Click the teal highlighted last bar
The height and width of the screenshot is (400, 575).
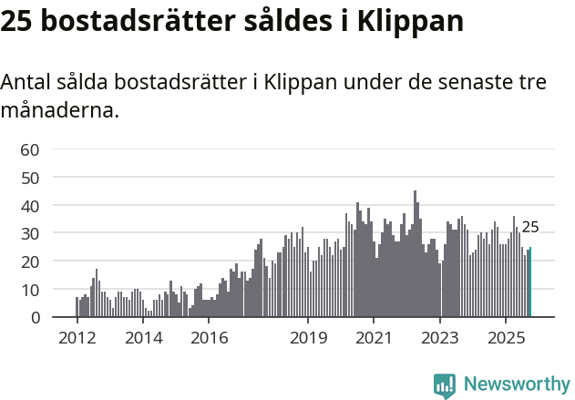coord(530,282)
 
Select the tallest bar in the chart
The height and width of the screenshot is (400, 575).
coord(415,254)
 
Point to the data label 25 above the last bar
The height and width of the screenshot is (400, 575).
coord(530,228)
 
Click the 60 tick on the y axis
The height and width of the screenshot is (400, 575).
coord(30,149)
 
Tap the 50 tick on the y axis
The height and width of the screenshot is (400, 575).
coord(30,178)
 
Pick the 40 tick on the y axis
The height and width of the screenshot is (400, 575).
coord(30,206)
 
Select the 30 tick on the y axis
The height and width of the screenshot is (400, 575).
coord(30,234)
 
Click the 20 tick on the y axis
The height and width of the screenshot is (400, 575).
coord(30,262)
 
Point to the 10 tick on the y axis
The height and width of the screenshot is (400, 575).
coord(30,290)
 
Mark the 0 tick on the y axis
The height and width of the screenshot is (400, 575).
coord(35,318)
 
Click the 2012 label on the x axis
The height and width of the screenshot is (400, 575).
coord(77,338)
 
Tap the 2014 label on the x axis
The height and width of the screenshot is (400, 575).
coord(143,338)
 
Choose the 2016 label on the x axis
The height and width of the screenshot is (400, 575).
coord(210,338)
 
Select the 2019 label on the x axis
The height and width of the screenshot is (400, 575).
coord(308,338)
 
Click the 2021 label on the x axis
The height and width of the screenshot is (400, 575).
coord(375,338)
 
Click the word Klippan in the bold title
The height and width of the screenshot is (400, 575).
coord(410,21)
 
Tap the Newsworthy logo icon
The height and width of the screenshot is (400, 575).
coord(445,385)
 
